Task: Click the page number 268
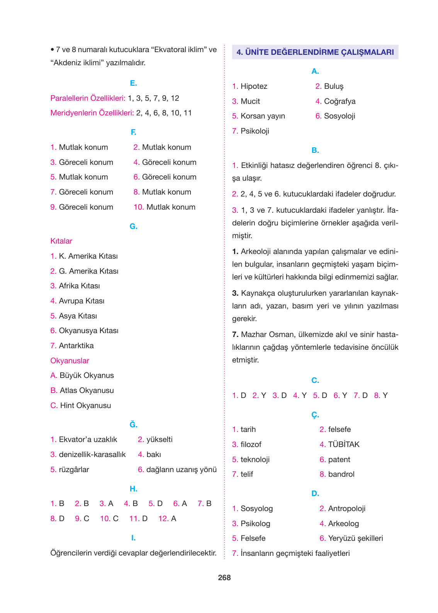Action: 224,577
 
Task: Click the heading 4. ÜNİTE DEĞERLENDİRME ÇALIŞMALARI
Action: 315,52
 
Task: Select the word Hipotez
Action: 254,86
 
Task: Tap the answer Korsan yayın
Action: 263,116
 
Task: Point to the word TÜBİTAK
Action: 344,445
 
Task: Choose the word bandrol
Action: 341,474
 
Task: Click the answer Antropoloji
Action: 346,509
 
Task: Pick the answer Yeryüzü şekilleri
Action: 355,538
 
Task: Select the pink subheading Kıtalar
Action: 61,241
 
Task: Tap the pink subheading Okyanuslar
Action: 70,361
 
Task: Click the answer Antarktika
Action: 76,346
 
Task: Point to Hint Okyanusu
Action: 85,406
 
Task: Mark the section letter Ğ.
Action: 133,425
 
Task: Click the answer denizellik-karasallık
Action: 92,455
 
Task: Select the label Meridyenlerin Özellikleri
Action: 92,113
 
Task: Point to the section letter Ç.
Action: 315,415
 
